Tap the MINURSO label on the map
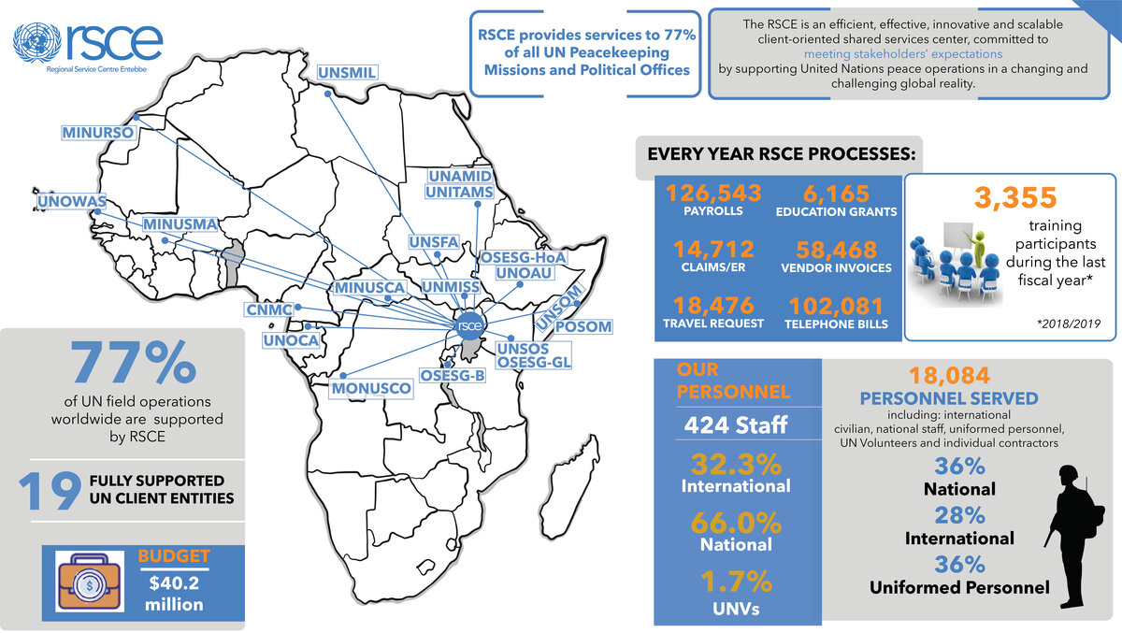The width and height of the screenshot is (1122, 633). pyautogui.click(x=98, y=133)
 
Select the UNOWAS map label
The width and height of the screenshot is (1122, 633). pyautogui.click(x=72, y=202)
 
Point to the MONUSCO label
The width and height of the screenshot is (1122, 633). pyautogui.click(x=371, y=388)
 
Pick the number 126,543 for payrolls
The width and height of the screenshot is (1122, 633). pyautogui.click(x=713, y=194)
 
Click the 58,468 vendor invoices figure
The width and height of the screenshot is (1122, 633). pyautogui.click(x=836, y=250)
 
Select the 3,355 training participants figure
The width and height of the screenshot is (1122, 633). pyautogui.click(x=1014, y=197)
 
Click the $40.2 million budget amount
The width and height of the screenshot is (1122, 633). pyautogui.click(x=174, y=595)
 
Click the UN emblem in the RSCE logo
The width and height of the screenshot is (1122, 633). pyautogui.click(x=35, y=43)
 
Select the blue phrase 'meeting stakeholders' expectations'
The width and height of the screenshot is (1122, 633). pyautogui.click(x=902, y=54)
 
